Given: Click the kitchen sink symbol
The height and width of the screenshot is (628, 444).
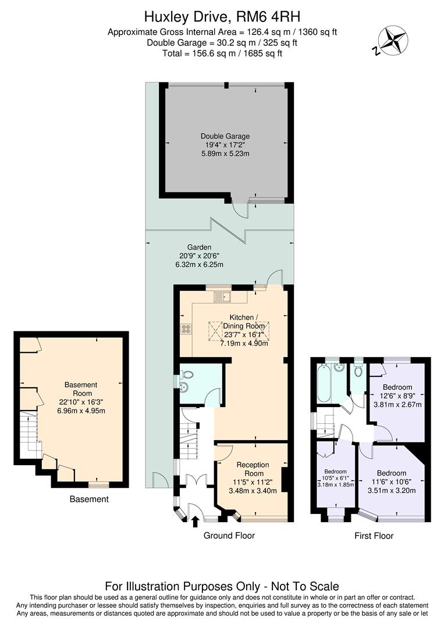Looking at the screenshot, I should tap(222, 298).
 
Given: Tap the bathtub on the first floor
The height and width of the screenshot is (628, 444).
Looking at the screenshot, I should tap(324, 383).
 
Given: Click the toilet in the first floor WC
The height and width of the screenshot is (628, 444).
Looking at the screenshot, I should tap(358, 370).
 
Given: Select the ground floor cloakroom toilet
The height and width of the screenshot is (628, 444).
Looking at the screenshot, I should tap(185, 388).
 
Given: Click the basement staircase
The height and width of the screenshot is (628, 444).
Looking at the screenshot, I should tap(29, 433).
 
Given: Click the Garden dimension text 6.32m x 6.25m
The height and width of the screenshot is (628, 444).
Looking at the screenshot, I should tap(200, 265).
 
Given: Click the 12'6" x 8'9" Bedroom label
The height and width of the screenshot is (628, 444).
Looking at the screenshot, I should tap(397, 387).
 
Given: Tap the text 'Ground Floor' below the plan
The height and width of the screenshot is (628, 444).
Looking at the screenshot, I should tap(229, 536).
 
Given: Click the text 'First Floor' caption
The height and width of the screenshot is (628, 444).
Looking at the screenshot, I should tap(374, 536).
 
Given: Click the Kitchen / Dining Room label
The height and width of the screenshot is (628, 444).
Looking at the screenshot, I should tap(241, 317).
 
